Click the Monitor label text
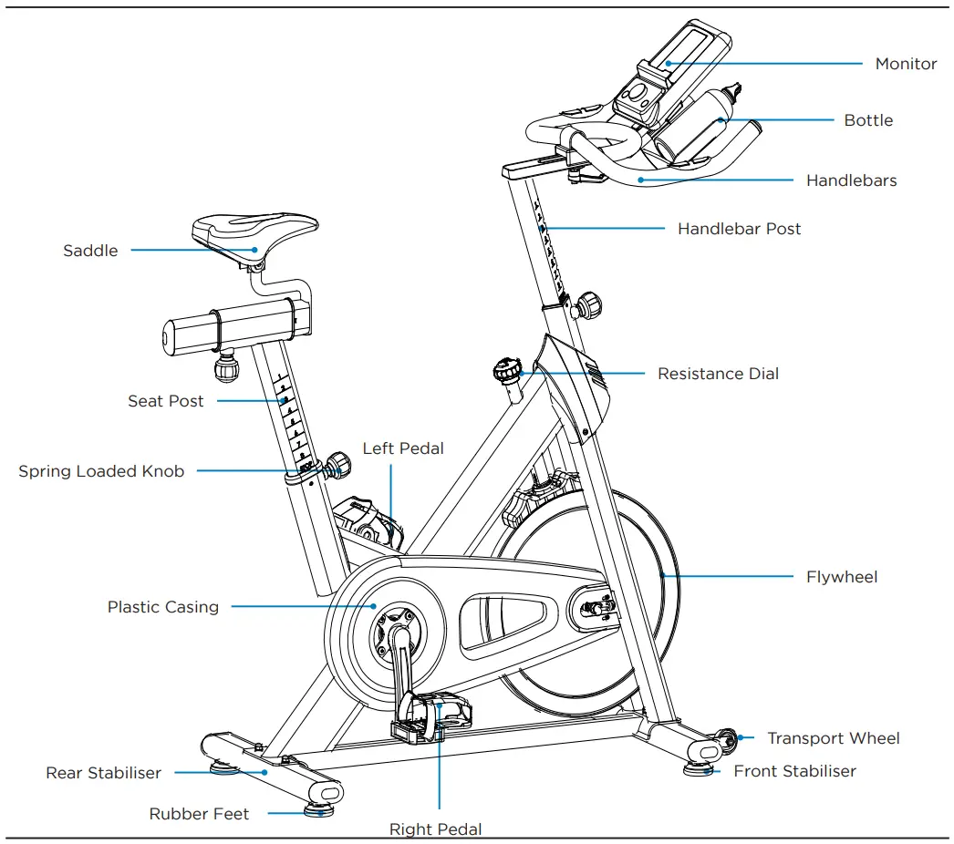point(906,64)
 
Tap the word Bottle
point(868,120)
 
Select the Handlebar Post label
point(739,229)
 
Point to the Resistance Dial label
point(718,374)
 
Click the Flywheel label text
point(842,577)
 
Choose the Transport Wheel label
point(833,738)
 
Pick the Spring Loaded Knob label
point(101,471)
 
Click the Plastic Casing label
point(163,607)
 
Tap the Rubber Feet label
point(199,814)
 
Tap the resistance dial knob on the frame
point(507,371)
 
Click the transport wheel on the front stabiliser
point(726,739)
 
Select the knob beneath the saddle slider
point(225,367)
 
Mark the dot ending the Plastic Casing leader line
point(373,605)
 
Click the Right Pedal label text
point(435,829)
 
